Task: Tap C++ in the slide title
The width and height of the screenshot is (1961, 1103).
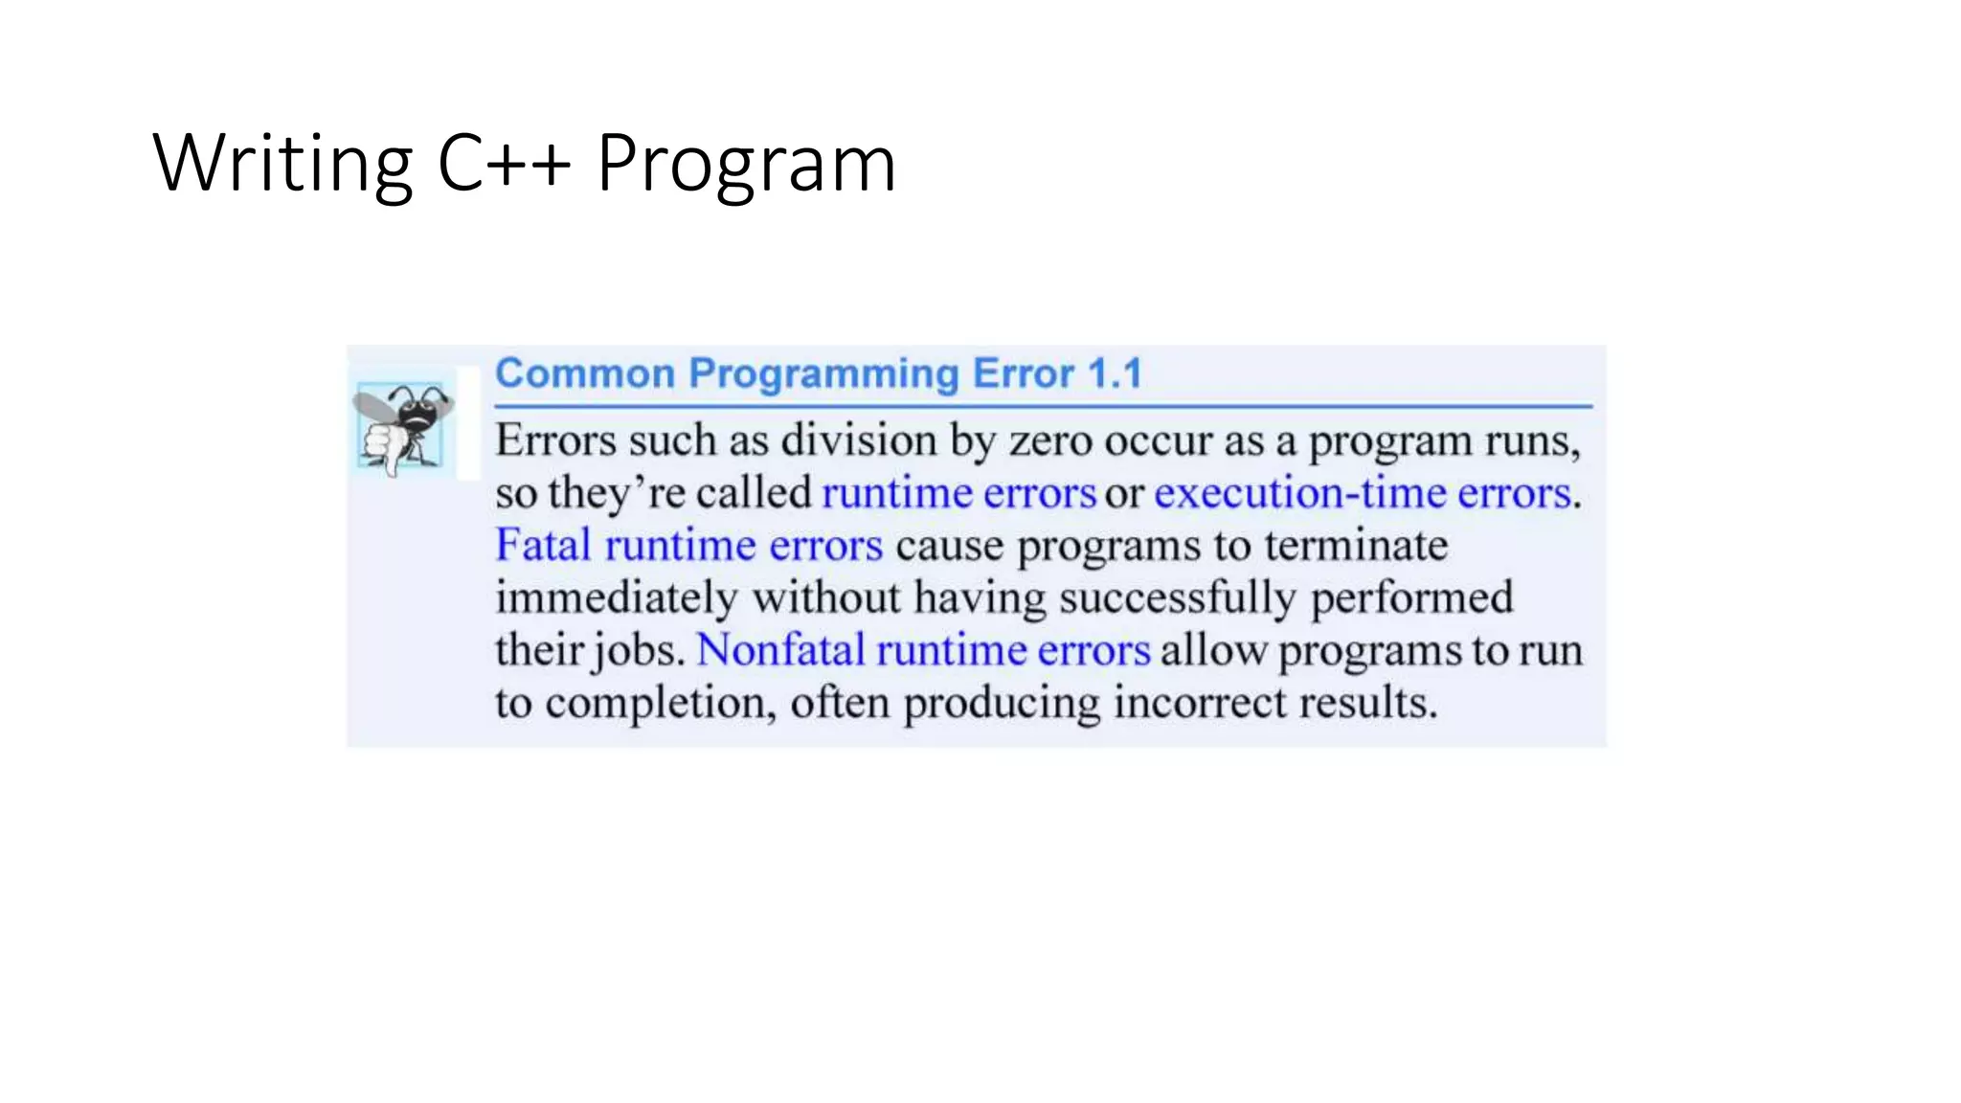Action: pos(504,163)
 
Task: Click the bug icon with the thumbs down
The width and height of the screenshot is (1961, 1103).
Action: pos(402,427)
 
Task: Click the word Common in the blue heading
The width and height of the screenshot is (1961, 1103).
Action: pos(585,373)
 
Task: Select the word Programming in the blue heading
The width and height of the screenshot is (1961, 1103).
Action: pos(823,373)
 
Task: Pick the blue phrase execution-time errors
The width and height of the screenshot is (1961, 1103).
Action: pos(1363,493)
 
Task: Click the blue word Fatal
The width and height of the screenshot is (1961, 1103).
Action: pos(543,545)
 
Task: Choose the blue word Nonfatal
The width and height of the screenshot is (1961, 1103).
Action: pos(780,650)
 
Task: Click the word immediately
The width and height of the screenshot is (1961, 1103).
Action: pos(616,598)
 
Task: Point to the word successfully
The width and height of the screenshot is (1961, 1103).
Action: pos(1178,598)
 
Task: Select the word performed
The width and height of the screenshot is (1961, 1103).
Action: pos(1411,598)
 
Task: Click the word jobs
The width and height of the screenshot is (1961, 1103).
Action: pos(639,651)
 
